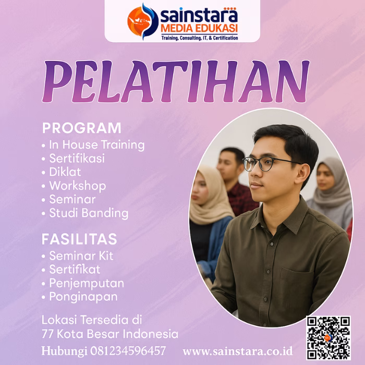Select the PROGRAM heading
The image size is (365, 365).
coord(81,128)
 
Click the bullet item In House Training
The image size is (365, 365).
coord(96,145)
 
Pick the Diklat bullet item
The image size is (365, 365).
coord(65,172)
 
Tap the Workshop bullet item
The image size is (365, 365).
coord(77,186)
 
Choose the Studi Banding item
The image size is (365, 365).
coord(88,213)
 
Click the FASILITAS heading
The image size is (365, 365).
coord(79,239)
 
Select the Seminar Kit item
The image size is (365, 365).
coord(81,256)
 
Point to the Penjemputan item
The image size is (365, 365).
coord(86,283)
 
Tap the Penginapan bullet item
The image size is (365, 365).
coord(83,297)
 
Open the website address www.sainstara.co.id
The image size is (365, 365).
coord(237,350)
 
